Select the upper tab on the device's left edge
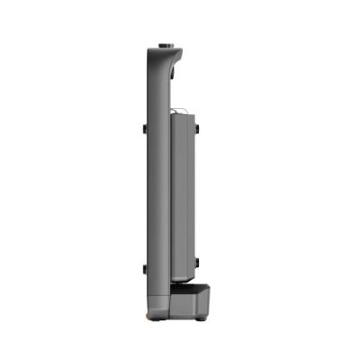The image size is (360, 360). coord(144,129)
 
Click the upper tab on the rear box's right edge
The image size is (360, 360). coord(196,130)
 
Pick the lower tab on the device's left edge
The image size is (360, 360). coord(144,268)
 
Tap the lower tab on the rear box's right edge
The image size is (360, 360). coord(196,264)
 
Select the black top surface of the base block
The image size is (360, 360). coord(191,287)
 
